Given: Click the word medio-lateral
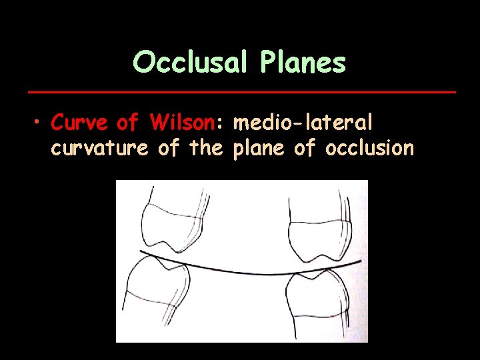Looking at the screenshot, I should (x=303, y=123).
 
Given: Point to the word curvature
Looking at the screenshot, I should (x=99, y=148).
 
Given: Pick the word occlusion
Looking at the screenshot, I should (x=369, y=147).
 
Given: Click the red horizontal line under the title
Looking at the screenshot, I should (x=239, y=90).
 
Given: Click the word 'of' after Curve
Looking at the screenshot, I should (x=128, y=123).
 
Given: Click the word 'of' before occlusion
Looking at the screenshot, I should (x=305, y=148).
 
